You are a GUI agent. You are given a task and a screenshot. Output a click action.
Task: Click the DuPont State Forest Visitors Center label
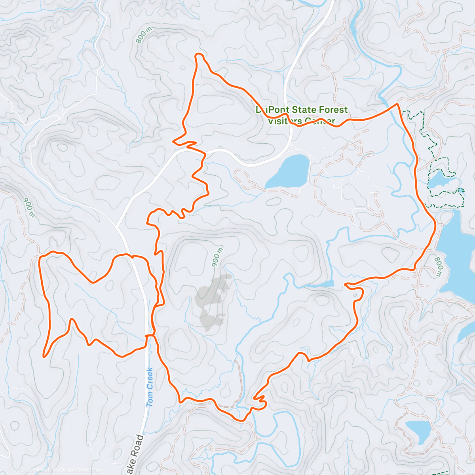(x=302, y=115)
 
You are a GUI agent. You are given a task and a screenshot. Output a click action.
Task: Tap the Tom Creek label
(x=150, y=387)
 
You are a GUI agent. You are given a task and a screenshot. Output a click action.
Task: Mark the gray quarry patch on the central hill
(x=212, y=301)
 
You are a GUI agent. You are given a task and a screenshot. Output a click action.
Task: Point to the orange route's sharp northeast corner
(x=397, y=104)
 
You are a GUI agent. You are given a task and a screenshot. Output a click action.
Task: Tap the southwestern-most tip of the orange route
(x=44, y=356)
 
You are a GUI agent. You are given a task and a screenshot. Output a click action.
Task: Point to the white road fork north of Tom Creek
(x=116, y=227)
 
